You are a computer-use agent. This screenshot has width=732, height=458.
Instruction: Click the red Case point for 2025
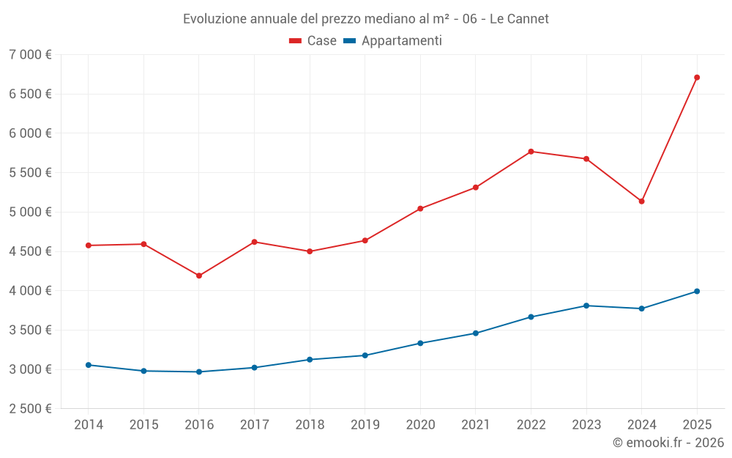[x=697, y=77]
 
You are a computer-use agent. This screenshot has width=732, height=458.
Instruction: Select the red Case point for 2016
[x=199, y=276]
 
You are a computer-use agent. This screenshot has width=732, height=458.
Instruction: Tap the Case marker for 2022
[x=531, y=152]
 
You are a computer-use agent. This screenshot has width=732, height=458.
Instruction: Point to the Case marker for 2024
[x=641, y=201]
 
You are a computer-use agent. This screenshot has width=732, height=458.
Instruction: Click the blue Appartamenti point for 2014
[x=88, y=365]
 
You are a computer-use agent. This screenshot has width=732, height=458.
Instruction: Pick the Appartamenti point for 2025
[x=697, y=291]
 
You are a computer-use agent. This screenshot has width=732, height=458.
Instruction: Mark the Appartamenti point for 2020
[x=420, y=343]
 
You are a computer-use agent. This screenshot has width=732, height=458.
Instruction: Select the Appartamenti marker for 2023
[x=586, y=306]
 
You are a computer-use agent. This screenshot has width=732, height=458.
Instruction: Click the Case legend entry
[x=313, y=41]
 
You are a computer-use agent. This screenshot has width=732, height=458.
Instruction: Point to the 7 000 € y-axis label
[x=30, y=55]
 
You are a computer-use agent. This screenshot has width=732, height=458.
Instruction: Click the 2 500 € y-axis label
[x=30, y=409]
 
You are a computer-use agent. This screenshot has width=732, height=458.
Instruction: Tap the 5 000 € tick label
[x=30, y=213]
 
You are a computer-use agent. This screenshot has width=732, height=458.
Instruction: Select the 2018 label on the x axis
[x=310, y=425]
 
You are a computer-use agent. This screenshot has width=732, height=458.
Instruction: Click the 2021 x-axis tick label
[x=476, y=425]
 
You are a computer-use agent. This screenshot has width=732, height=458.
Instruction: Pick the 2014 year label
[x=88, y=425]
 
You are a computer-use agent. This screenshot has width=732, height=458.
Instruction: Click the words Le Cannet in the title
[x=519, y=19]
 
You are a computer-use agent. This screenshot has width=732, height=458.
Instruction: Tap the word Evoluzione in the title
[x=213, y=19]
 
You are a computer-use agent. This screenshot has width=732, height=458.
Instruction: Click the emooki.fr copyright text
[x=668, y=443]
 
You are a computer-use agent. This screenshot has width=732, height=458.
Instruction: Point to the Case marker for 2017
[x=254, y=242]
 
